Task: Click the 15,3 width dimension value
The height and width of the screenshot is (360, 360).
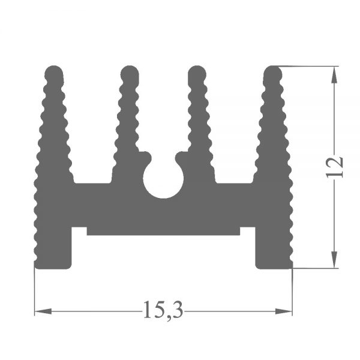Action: tap(163, 310)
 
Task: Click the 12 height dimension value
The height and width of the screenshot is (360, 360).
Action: tap(335, 167)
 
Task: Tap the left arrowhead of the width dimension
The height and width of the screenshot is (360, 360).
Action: tap(43, 311)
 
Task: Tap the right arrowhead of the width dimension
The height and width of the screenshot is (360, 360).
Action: tap(284, 311)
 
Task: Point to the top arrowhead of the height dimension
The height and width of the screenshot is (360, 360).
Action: tap(334, 75)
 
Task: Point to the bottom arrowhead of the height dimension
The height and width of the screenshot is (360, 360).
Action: tap(334, 259)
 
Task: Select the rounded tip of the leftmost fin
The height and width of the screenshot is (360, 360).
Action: tap(54, 73)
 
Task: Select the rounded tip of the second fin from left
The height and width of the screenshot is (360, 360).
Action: tap(130, 73)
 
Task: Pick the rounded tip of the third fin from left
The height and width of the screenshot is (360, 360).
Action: tap(197, 73)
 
